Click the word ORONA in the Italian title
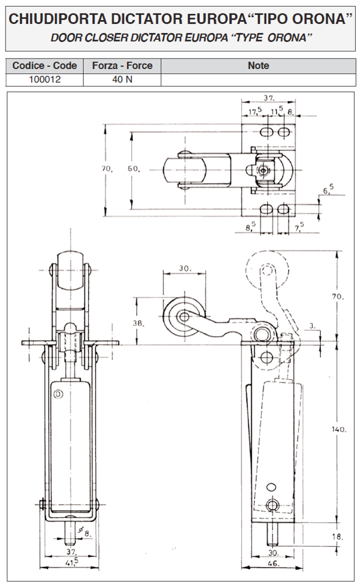tap(320, 19)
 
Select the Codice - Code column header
tap(45, 65)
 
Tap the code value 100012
tap(45, 80)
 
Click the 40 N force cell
tap(122, 80)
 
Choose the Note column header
tap(259, 65)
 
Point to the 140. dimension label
tap(339, 429)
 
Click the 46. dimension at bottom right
tap(274, 563)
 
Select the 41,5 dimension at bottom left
tap(72, 561)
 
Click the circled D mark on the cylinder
tap(58, 394)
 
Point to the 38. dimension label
tap(138, 323)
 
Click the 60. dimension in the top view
tap(134, 169)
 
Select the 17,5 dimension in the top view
tap(255, 111)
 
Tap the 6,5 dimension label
tap(328, 190)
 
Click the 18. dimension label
tap(337, 536)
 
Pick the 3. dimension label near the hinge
tap(312, 326)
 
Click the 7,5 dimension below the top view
tap(299, 227)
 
